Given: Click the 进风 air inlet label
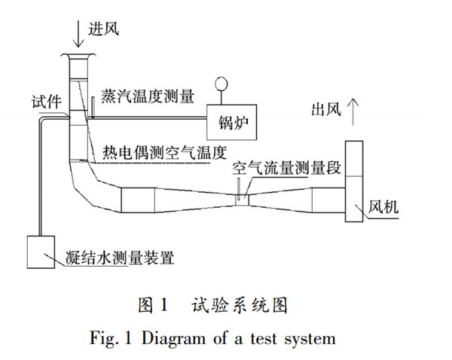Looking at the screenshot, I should point(105,29).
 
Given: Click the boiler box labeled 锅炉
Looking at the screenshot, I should point(233,120).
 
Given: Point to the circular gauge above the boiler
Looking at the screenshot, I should point(221,84).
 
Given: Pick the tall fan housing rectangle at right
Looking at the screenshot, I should point(355,181).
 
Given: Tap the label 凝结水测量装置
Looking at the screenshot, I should point(121,259).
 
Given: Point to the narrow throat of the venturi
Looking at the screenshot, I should point(241,200).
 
